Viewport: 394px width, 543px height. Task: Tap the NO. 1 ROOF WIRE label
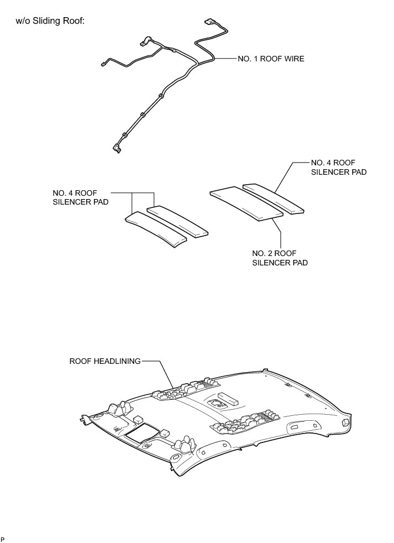271,58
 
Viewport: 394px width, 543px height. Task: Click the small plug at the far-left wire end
104,64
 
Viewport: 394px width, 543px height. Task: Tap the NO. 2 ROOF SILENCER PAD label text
280,258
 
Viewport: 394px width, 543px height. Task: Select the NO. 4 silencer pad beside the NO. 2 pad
274,198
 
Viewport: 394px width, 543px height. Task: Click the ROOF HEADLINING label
105,362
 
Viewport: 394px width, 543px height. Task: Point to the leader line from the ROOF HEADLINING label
160,370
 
